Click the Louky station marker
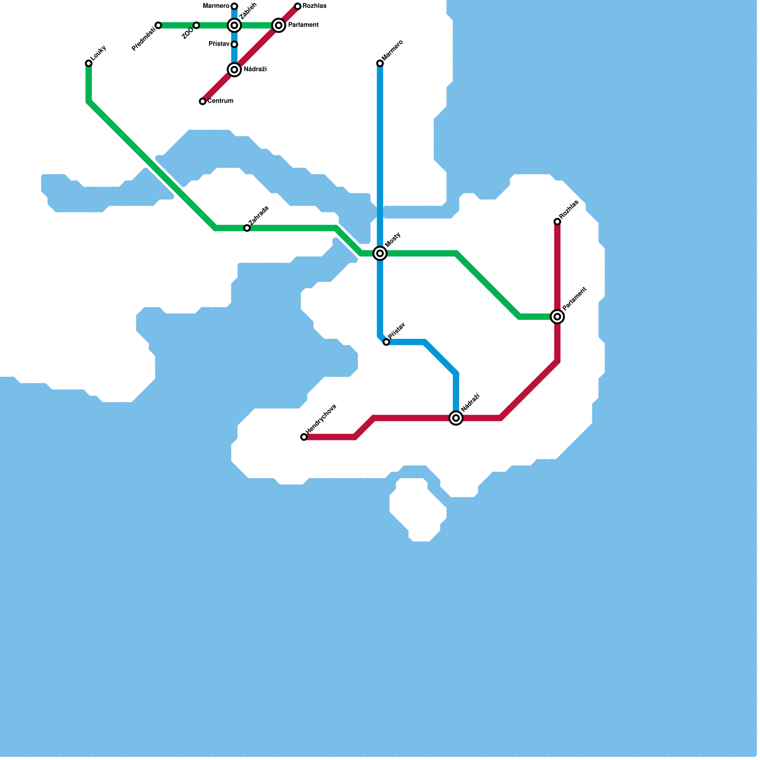tap(89, 63)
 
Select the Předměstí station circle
tap(158, 25)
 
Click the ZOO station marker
tap(196, 25)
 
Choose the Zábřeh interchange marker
tap(234, 25)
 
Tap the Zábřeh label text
tap(248, 11)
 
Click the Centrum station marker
tap(203, 101)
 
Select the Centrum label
tap(220, 101)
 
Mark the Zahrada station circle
tap(247, 228)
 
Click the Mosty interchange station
tap(380, 253)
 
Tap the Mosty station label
tap(393, 239)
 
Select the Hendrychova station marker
tap(304, 437)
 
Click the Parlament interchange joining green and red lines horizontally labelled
tap(279, 25)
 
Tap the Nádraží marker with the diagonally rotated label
tap(456, 418)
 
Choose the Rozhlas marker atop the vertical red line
tap(557, 222)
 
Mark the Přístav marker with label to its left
tap(234, 44)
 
